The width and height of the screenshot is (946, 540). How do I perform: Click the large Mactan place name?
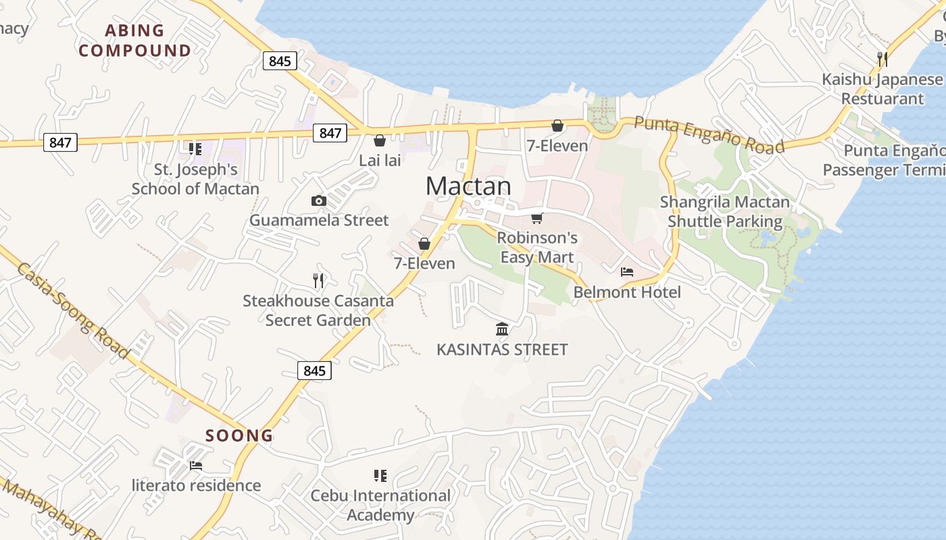pyautogui.click(x=468, y=186)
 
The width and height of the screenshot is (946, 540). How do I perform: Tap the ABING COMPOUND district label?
pyautogui.click(x=135, y=40)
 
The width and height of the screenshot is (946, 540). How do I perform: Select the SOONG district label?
pyautogui.click(x=239, y=435)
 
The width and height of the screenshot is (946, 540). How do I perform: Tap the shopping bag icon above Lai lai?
pyautogui.click(x=380, y=140)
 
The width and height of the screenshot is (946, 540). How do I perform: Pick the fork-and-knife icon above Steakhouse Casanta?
pyautogui.click(x=318, y=281)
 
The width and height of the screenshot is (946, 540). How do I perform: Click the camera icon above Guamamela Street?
pyautogui.click(x=319, y=200)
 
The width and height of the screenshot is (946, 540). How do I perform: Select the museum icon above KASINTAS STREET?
pyautogui.click(x=502, y=329)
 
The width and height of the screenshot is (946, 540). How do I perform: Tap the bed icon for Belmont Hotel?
pyautogui.click(x=627, y=272)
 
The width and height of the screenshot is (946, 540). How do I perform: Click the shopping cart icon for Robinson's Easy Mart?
pyautogui.click(x=537, y=218)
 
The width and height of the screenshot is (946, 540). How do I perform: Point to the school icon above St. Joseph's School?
pyautogui.click(x=195, y=148)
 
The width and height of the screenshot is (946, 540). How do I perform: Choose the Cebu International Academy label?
pyautogui.click(x=380, y=506)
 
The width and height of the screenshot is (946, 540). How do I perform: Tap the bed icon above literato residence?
pyautogui.click(x=196, y=466)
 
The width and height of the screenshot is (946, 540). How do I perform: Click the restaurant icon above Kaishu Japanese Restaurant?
pyautogui.click(x=882, y=59)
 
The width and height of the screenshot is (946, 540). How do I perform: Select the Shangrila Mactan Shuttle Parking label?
pyautogui.click(x=724, y=211)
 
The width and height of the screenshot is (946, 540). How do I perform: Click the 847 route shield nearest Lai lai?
pyautogui.click(x=330, y=133)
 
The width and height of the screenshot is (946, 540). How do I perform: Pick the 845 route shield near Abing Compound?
pyautogui.click(x=280, y=61)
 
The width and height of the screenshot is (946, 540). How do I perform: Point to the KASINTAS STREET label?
pyautogui.click(x=502, y=350)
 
